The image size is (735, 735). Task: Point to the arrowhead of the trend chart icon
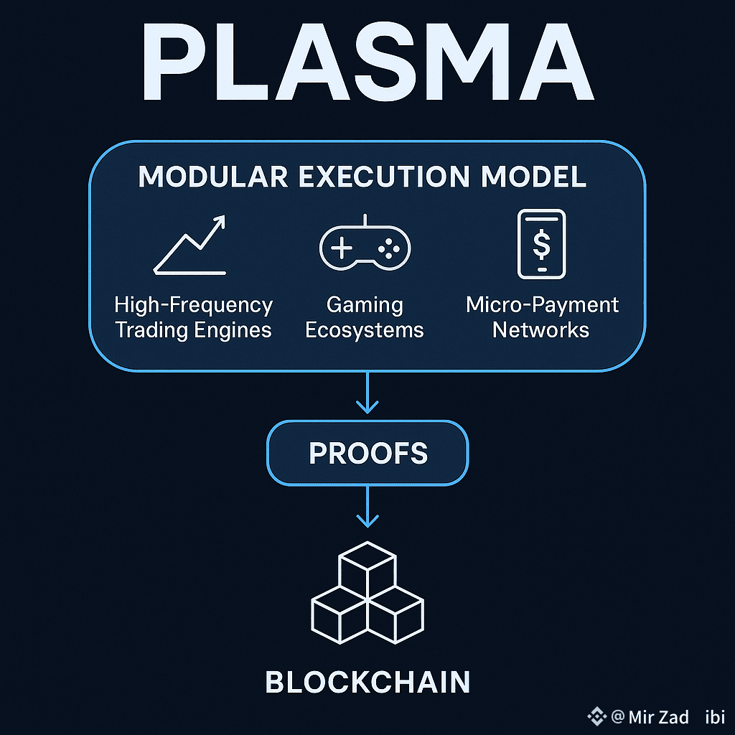[x=220, y=221]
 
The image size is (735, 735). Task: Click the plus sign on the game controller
[x=341, y=248]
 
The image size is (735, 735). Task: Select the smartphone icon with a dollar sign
[x=542, y=244]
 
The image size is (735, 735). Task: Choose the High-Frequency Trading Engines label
[x=194, y=317]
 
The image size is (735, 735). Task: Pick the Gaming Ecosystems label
[x=365, y=317]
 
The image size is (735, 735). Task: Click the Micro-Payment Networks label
[x=542, y=317]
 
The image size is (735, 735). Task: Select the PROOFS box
[x=367, y=453]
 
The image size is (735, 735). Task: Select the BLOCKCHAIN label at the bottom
[x=367, y=682]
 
